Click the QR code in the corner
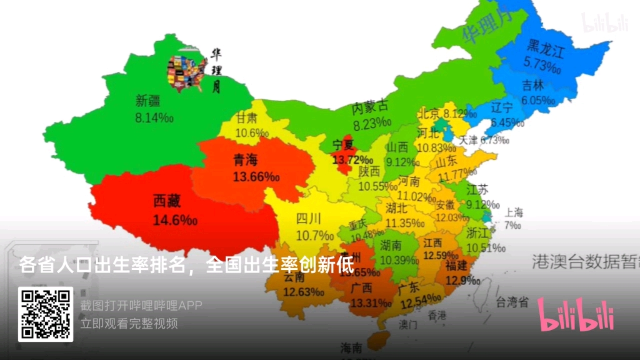coord(45,314)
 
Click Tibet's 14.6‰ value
coord(175,220)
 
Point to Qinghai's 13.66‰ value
coord(256,177)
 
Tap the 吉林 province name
coord(532,86)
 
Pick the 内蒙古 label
coord(371,107)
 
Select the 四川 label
coord(308,219)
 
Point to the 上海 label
coord(514,212)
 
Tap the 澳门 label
coord(408,326)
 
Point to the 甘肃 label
coord(246,117)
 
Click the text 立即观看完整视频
coord(129,324)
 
